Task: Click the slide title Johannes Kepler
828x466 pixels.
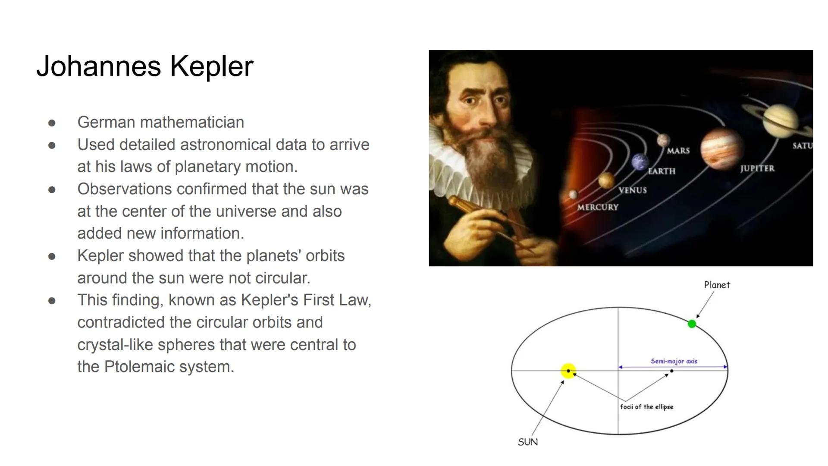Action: tap(144, 66)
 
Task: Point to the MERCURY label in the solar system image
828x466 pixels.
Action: tap(597, 207)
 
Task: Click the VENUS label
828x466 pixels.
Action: tap(632, 190)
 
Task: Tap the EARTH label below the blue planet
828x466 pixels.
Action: tap(662, 171)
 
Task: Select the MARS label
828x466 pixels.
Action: tap(678, 151)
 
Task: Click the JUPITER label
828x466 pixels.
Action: tap(757, 169)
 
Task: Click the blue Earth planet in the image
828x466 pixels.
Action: tap(640, 162)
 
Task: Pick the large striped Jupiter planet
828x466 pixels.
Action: tap(721, 148)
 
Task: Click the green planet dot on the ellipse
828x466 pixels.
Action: tap(692, 324)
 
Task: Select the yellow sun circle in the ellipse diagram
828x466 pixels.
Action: tap(568, 371)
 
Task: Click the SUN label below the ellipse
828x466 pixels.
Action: tap(527, 442)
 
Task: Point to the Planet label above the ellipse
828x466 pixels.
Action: tap(717, 285)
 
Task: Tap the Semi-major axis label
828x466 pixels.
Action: tap(674, 361)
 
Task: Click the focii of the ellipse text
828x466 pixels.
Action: tap(646, 406)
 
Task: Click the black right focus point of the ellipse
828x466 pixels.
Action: tap(671, 371)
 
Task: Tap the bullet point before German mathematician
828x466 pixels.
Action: tap(52, 123)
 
